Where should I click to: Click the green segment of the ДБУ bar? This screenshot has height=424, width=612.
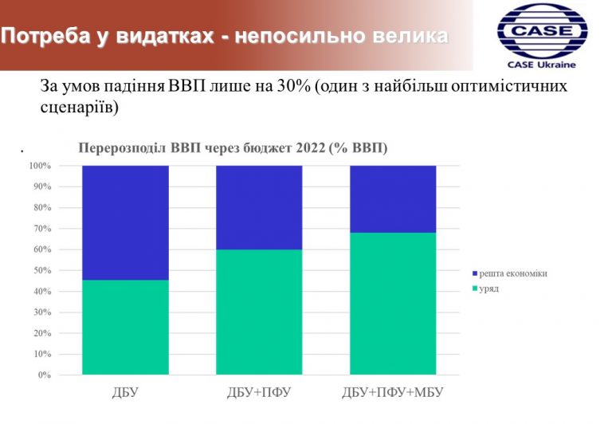click(x=125, y=328)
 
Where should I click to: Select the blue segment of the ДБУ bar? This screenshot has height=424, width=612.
click(x=125, y=223)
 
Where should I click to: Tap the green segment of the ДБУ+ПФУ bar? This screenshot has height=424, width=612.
click(x=259, y=312)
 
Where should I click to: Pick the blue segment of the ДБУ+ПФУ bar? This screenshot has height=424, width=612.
click(x=259, y=208)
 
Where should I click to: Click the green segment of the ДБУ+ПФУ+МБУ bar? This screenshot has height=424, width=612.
click(x=393, y=304)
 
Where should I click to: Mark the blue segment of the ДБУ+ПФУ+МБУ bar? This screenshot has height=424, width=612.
click(x=393, y=199)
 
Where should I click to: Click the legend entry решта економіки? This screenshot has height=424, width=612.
click(x=510, y=273)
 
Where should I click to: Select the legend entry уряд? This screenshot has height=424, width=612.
click(x=485, y=289)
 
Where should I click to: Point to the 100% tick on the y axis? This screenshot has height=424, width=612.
click(x=40, y=166)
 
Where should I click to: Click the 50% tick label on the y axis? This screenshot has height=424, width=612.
click(x=42, y=270)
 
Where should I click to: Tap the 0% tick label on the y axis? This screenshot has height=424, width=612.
click(x=45, y=375)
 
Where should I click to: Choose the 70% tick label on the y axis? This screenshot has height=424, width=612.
click(x=42, y=229)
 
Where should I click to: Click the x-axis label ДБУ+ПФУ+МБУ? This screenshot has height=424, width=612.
click(x=393, y=392)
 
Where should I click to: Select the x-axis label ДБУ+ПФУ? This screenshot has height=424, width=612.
click(x=259, y=392)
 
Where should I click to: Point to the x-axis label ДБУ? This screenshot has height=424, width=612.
click(x=125, y=392)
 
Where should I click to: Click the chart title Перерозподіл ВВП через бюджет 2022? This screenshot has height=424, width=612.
click(x=233, y=148)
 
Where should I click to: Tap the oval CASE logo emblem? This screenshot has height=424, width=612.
click(x=543, y=31)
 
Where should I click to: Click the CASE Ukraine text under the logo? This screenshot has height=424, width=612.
click(x=542, y=65)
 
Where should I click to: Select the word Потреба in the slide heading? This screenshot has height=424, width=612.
click(x=45, y=36)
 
